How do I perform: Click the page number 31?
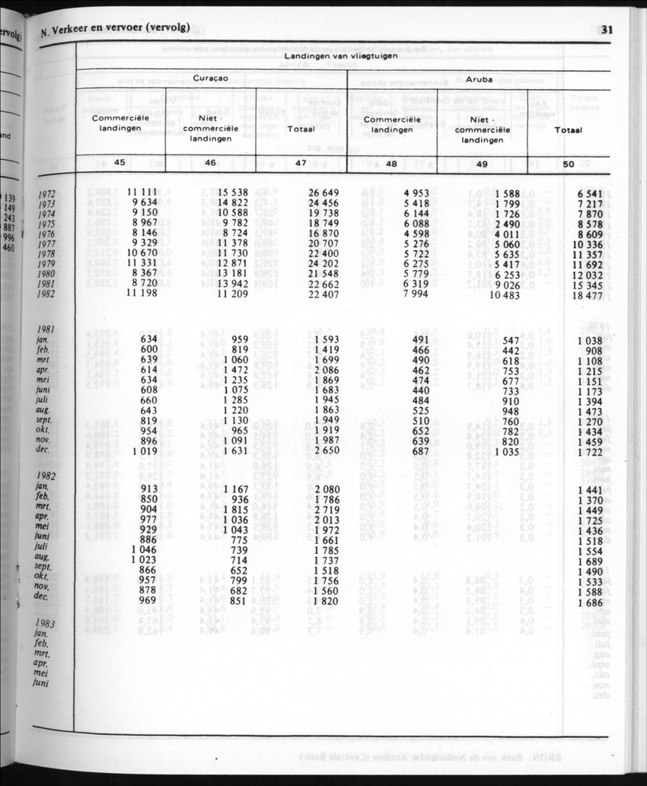click(607, 31)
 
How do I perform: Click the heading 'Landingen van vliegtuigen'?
click(342, 56)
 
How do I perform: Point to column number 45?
click(120, 163)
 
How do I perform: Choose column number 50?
click(568, 163)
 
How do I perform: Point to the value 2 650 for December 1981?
click(326, 450)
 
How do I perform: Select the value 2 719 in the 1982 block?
click(326, 509)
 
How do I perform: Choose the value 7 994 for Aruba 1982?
click(414, 294)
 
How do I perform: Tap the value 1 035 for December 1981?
click(506, 451)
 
